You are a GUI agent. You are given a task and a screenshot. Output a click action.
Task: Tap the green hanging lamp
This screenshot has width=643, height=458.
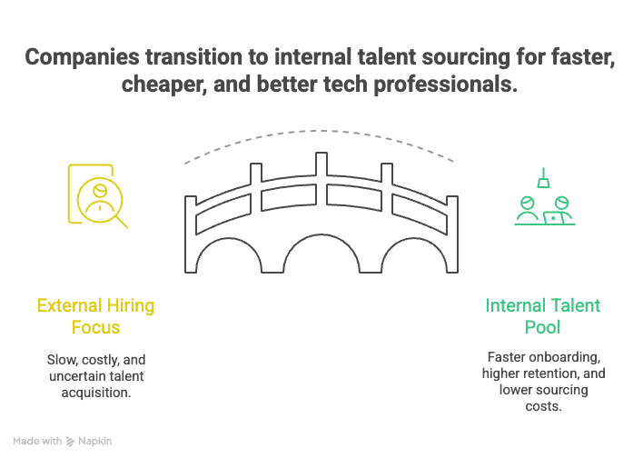pos(542,181)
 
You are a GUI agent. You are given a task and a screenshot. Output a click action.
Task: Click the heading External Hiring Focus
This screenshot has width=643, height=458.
pos(95,315)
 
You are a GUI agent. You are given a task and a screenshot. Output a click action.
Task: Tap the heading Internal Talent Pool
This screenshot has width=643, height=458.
pos(542,315)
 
